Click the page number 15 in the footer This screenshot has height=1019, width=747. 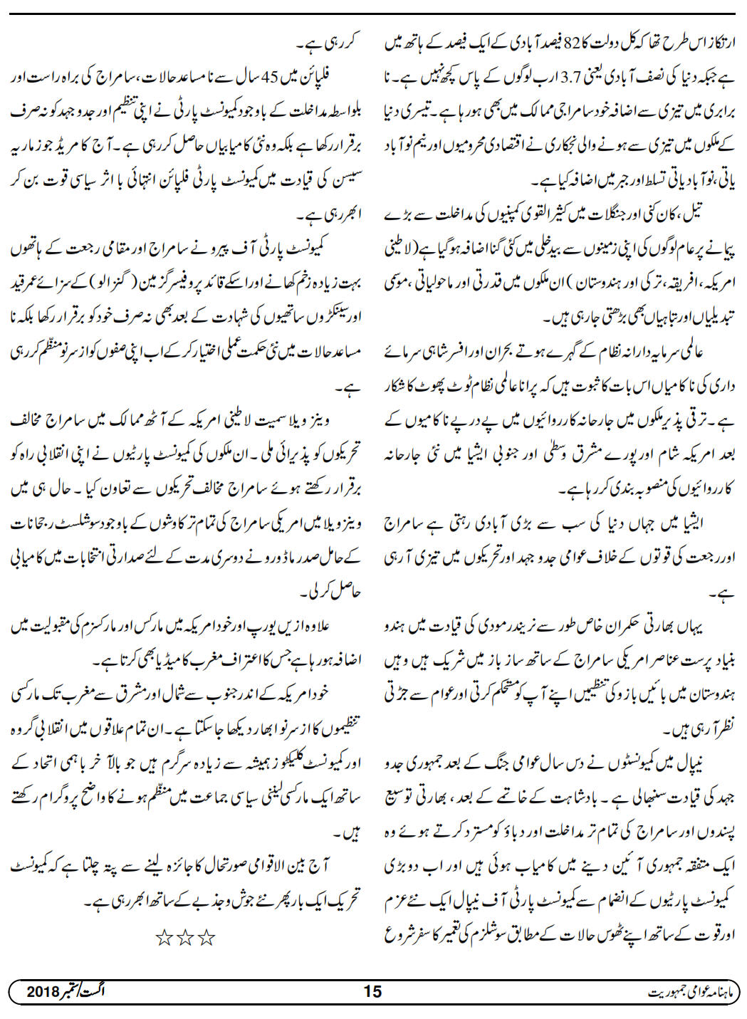tap(372, 991)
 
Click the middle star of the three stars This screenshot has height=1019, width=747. tap(185, 939)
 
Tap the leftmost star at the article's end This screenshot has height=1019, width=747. tap(164, 939)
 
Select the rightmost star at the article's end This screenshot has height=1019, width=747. tap(207, 939)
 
